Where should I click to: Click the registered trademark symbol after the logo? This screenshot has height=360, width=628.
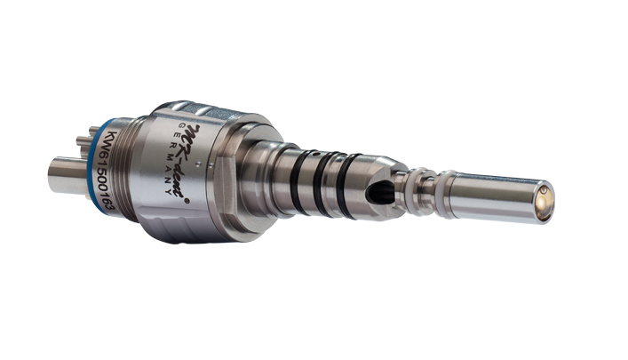[x=187, y=202]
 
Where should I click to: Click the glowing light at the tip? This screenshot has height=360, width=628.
[x=545, y=203]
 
